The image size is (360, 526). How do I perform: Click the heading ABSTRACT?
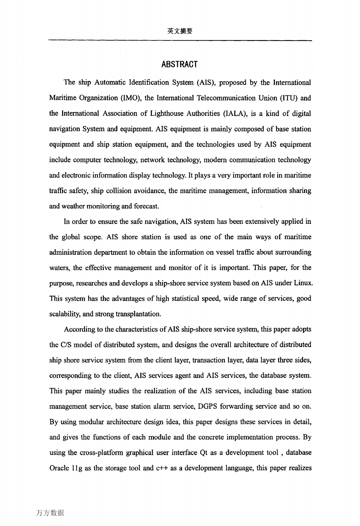[x=179, y=64]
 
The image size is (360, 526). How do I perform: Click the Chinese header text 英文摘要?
[x=180, y=31]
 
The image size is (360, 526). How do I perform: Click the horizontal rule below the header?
[x=180, y=40]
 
